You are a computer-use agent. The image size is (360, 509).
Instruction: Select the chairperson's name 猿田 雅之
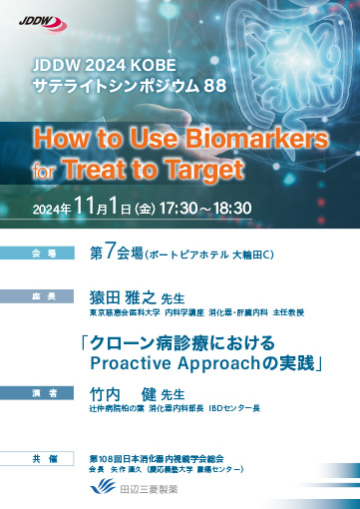point(122,297)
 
